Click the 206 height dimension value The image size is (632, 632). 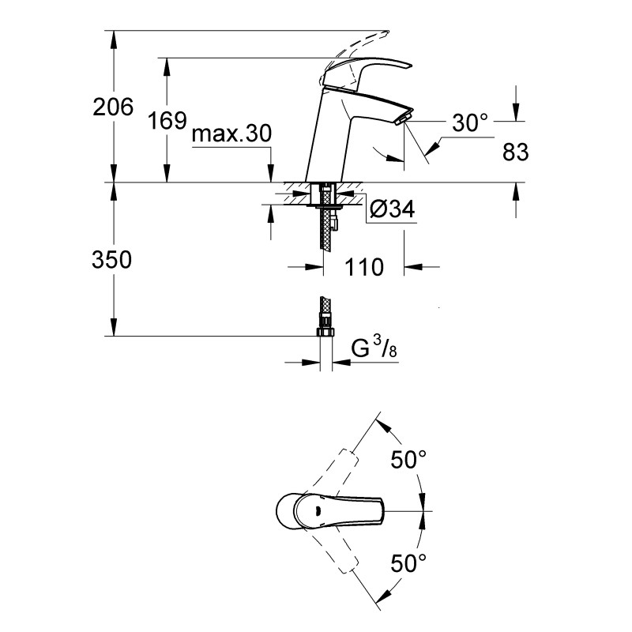113,107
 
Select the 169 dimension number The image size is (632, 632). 167,121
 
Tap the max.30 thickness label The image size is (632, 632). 231,134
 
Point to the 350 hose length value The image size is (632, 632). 113,260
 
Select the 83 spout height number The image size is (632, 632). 514,152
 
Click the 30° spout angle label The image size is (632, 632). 471,122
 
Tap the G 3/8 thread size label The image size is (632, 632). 371,348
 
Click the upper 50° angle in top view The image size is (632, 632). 410,459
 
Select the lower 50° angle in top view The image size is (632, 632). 410,562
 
